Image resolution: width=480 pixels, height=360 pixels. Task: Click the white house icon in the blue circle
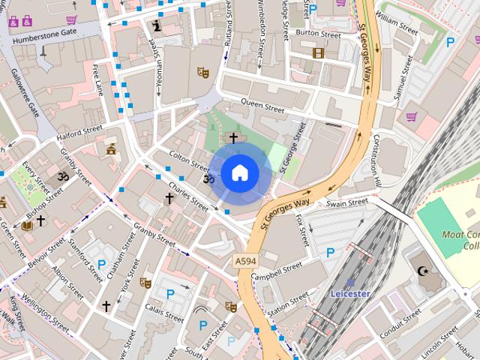pos(239,173)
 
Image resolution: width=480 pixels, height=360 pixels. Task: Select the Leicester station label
pos(350,293)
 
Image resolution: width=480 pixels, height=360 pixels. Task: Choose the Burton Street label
pos(318,34)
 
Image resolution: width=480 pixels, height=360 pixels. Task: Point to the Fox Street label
pos(302,230)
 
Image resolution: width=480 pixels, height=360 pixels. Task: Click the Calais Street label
pos(163,313)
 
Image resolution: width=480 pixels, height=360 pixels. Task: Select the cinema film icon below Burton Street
pos(318,53)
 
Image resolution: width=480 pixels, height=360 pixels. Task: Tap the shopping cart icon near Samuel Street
pos(411,116)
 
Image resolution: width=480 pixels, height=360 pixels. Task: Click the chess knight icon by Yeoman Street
pos(156,26)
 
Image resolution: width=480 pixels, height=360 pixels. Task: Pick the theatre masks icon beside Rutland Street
pos(202,73)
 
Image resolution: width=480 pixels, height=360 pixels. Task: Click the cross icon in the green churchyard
pos(233,138)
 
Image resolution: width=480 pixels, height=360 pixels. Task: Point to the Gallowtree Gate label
pos(25,92)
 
